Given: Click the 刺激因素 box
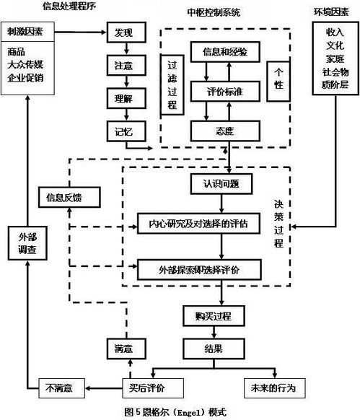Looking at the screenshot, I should point(28,32).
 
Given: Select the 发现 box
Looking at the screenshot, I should point(125,32).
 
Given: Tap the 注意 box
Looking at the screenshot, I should point(125,65).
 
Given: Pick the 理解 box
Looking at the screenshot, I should point(125,97).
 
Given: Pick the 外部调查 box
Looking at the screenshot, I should point(28,245).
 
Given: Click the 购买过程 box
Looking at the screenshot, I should point(212,315).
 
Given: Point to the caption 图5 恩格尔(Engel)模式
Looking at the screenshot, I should point(175,411).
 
